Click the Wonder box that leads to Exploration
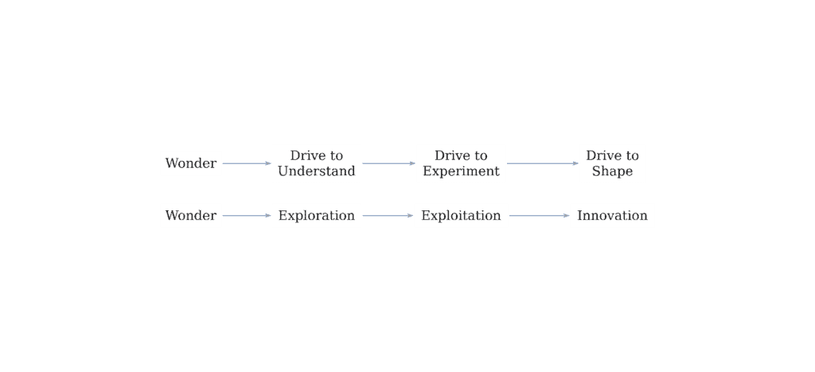[190, 216]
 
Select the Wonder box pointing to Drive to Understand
[190, 163]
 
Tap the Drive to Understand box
[316, 163]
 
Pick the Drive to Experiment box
[461, 163]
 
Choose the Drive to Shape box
[612, 163]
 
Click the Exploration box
[316, 216]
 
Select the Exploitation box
[461, 216]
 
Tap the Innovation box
[612, 216]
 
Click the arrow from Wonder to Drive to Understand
[247, 163]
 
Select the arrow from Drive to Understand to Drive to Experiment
[388, 163]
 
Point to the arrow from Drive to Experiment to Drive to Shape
[543, 163]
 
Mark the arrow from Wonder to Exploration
[247, 216]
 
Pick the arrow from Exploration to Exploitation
[388, 216]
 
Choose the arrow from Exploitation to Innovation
[539, 216]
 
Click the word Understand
[316, 171]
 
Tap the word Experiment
[461, 171]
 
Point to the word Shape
[612, 171]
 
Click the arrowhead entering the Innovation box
[566, 216]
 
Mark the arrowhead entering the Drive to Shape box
[575, 163]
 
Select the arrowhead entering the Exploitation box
[410, 216]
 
